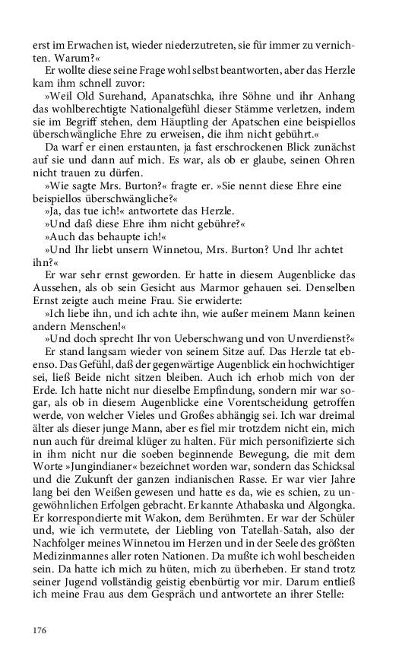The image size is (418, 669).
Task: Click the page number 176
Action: (x=40, y=630)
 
